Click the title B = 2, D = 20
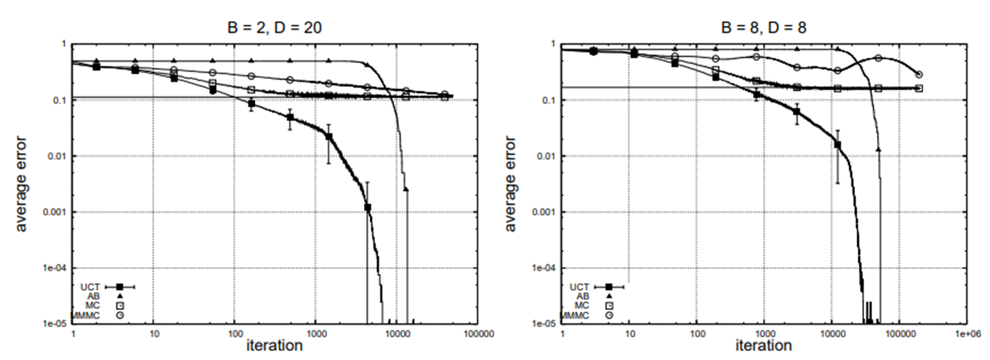click(275, 27)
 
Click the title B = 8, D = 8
click(763, 27)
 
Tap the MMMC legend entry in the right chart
click(577, 316)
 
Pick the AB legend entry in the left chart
click(93, 296)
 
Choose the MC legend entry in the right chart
click(582, 306)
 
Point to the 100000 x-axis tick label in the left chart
click(477, 334)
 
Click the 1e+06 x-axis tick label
click(967, 334)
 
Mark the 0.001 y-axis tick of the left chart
click(55, 212)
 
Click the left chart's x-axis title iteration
click(275, 346)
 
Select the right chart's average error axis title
click(510, 183)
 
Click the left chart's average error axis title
click(21, 183)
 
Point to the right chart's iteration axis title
click(763, 346)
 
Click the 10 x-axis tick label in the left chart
click(154, 334)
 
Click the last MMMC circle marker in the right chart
click(919, 75)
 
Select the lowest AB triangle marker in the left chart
click(406, 189)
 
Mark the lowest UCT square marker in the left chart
click(367, 207)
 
